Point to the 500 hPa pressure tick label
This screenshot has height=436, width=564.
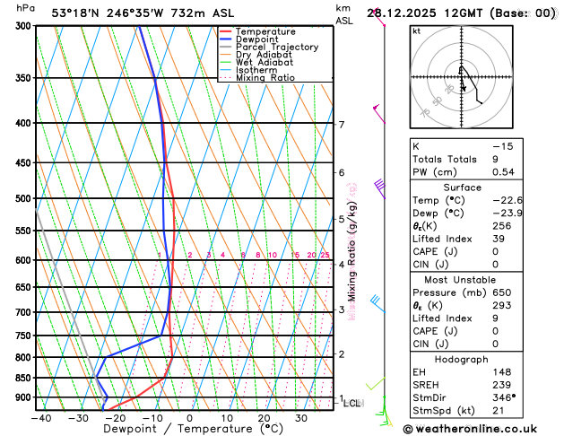[24, 198]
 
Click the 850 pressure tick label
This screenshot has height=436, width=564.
[24, 378]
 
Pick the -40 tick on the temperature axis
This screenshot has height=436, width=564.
[40, 417]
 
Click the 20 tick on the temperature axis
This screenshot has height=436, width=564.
[264, 417]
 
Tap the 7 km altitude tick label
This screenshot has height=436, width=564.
[341, 125]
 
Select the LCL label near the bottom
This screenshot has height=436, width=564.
[351, 404]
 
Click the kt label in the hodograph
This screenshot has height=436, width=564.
[416, 31]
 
